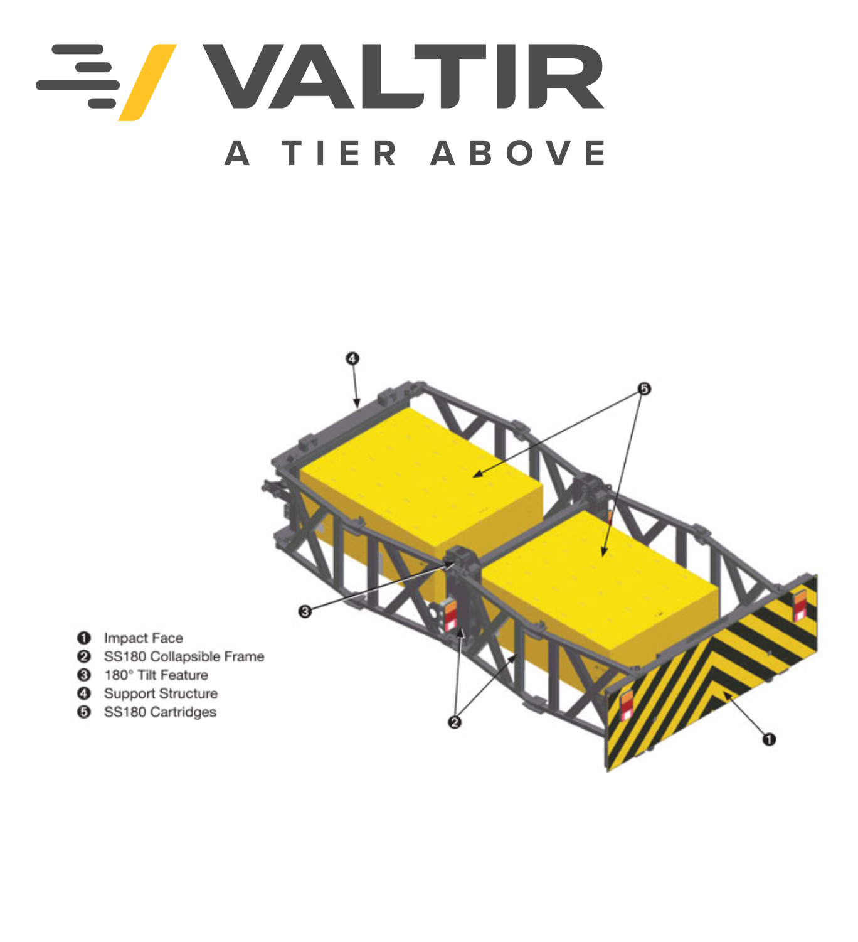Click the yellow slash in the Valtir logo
(147, 82)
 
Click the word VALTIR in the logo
(404, 77)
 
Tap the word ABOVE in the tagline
(517, 153)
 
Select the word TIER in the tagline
(339, 153)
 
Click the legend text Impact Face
(143, 638)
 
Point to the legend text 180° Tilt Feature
(156, 675)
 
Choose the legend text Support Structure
(161, 693)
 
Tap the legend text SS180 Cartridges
(160, 712)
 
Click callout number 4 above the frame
(352, 359)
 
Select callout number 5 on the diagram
(644, 389)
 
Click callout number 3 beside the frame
(305, 611)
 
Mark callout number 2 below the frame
(454, 722)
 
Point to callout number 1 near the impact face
(769, 740)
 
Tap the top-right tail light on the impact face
(799, 606)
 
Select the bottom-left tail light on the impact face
(626, 705)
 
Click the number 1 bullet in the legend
(83, 638)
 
